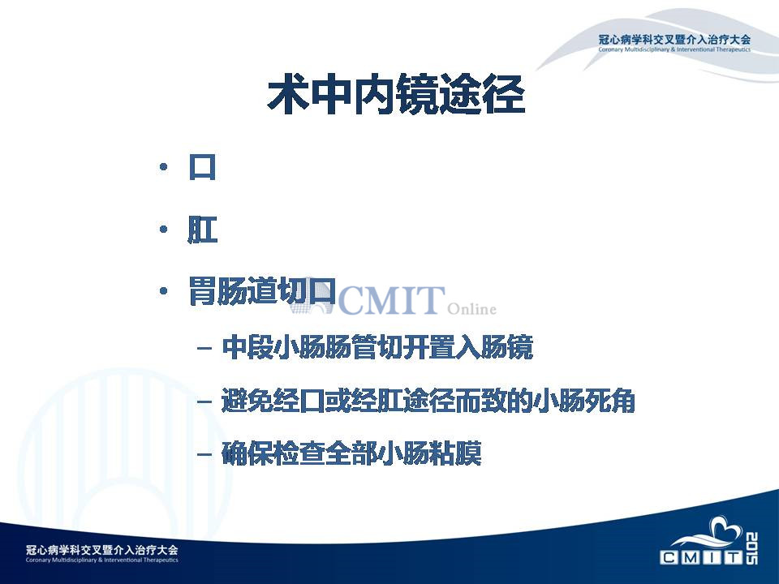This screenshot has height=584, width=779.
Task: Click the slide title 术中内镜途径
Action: point(396,94)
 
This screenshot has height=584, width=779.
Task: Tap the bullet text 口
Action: point(202,167)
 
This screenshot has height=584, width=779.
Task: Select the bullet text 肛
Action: point(202,229)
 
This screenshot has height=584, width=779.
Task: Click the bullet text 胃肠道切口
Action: point(262,291)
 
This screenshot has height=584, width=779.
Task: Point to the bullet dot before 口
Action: point(163,167)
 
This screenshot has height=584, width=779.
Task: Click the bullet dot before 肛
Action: point(163,230)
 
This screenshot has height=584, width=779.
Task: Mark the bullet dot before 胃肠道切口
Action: point(163,291)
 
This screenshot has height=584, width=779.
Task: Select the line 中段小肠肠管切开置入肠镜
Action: point(377,347)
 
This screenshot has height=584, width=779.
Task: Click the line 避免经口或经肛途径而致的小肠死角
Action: point(428,401)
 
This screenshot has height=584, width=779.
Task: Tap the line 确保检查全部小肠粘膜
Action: point(351,453)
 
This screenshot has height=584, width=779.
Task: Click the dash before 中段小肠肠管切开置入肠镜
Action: point(204,348)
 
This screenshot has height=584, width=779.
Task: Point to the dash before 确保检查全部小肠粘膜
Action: point(204,454)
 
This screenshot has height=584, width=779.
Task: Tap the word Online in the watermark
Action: point(471,309)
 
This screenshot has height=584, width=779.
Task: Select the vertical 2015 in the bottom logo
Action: point(751,548)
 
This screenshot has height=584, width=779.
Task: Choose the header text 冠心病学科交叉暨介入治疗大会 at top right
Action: point(674,40)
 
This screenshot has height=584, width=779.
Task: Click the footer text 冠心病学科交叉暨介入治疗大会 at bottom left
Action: point(102,550)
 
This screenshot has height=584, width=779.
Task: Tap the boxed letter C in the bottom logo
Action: point(669,557)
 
